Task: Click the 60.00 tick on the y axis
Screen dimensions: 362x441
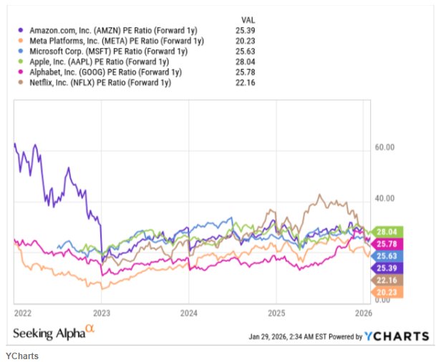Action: point(385,148)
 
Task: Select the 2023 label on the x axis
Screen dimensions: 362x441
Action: point(102,313)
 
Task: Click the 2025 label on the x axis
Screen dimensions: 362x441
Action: point(276,313)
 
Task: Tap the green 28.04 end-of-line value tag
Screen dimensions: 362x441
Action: point(389,231)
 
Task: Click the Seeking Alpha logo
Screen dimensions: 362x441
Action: point(54,333)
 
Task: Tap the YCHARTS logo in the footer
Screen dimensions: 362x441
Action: point(397,336)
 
